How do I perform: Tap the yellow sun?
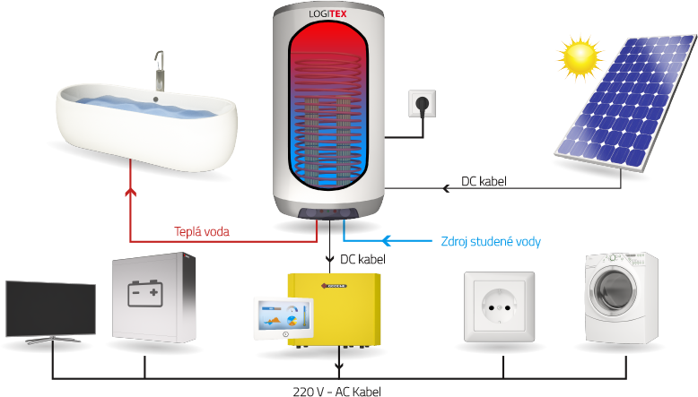580,56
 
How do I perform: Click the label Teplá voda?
202,231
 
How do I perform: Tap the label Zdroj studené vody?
491,241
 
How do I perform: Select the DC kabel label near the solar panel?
484,182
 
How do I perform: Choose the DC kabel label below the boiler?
362,259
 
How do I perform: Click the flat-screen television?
50,311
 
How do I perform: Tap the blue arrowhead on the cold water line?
388,240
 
